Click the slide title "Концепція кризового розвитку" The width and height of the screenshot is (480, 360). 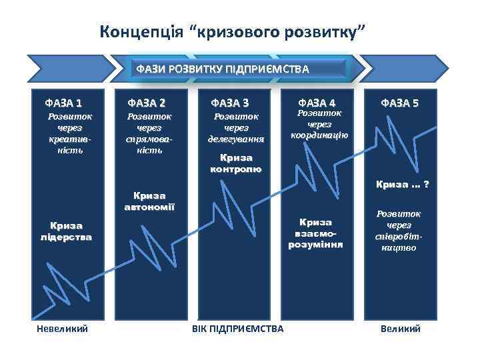pyautogui.click(x=233, y=31)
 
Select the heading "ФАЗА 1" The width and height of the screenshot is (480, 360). pyautogui.click(x=64, y=103)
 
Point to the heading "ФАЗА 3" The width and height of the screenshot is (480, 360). pyautogui.click(x=231, y=103)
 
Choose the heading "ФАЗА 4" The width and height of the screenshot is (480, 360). pyautogui.click(x=317, y=103)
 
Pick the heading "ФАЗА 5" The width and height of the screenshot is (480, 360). pyautogui.click(x=400, y=103)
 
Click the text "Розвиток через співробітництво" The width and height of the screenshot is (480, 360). pyautogui.click(x=399, y=231)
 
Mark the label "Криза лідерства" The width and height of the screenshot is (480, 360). pyautogui.click(x=65, y=231)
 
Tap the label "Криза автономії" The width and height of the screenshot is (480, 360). pyautogui.click(x=149, y=201)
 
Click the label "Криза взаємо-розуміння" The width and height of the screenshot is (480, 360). pyautogui.click(x=315, y=233)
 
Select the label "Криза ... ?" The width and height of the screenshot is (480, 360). pyautogui.click(x=403, y=184)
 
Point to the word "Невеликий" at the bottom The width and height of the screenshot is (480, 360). pyautogui.click(x=62, y=329)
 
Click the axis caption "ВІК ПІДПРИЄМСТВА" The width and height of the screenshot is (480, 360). pyautogui.click(x=237, y=329)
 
